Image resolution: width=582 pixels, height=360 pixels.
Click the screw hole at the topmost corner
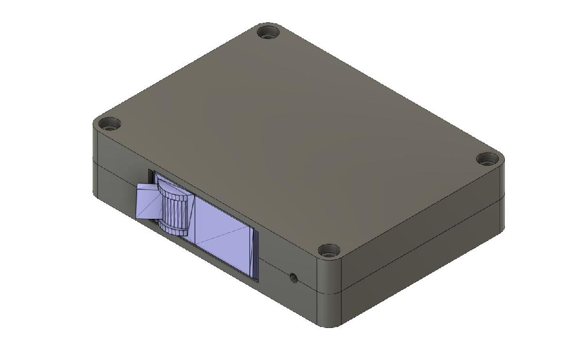(268, 34)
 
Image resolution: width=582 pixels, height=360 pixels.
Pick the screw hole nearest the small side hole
(329, 252)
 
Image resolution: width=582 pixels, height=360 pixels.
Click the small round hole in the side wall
(293, 278)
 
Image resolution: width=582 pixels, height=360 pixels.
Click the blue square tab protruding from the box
(147, 202)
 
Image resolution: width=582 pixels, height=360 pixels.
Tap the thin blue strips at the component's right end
(254, 255)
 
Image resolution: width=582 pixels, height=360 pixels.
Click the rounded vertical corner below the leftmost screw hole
(96, 165)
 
